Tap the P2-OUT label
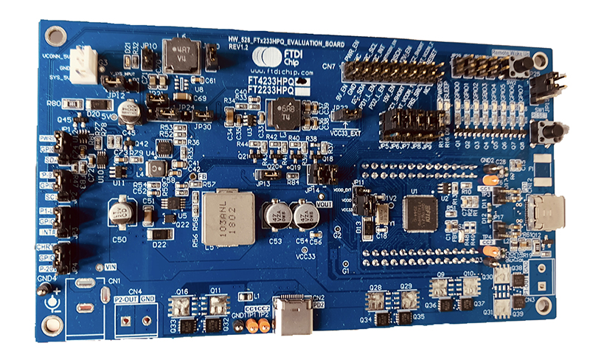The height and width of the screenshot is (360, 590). tap(127, 300)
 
